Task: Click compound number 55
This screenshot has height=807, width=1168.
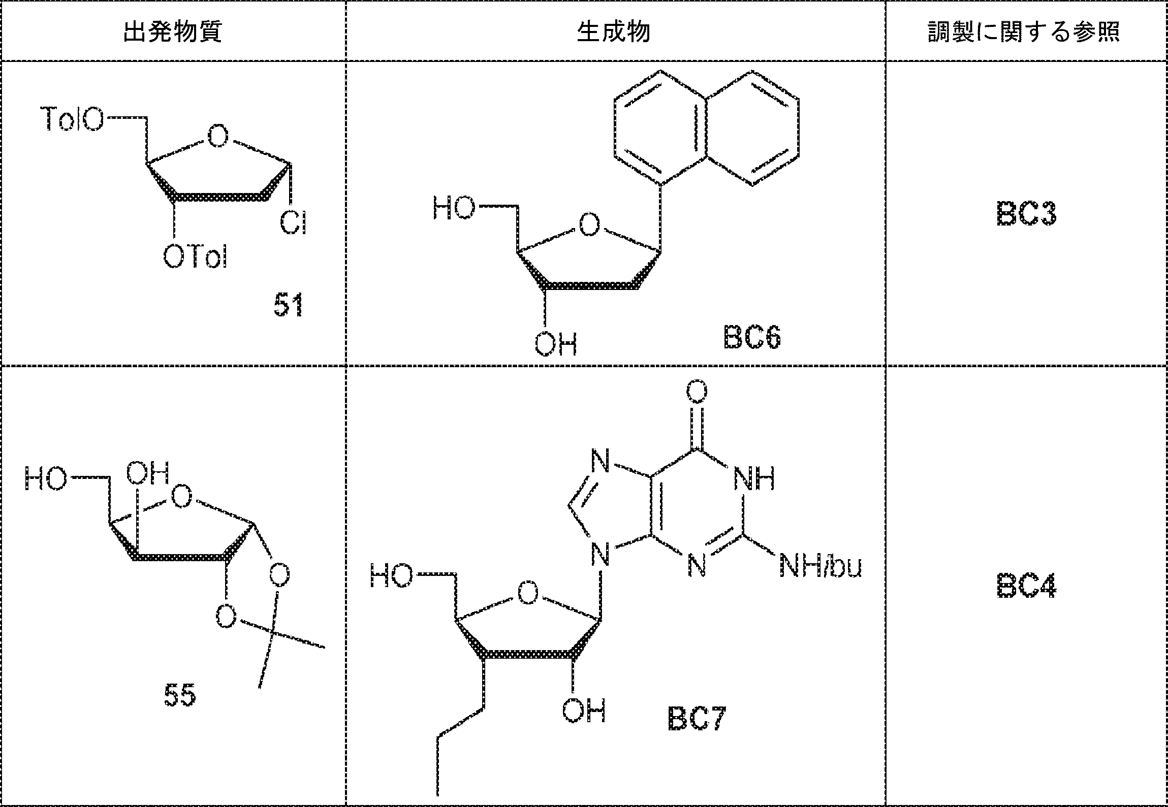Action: (180, 695)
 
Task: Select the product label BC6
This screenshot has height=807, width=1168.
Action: (751, 338)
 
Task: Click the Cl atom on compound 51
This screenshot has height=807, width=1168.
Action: (293, 223)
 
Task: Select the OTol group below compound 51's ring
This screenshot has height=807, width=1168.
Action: (195, 256)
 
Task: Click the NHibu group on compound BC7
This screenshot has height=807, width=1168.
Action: (820, 566)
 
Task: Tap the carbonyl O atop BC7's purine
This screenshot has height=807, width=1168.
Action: (697, 392)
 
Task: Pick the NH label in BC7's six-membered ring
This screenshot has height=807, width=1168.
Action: (754, 478)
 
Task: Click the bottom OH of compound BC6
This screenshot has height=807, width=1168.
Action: (556, 343)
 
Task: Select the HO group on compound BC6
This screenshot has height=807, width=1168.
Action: (454, 209)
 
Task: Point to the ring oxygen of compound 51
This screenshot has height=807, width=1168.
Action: (217, 136)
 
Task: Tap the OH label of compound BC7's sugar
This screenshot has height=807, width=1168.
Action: (584, 711)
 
